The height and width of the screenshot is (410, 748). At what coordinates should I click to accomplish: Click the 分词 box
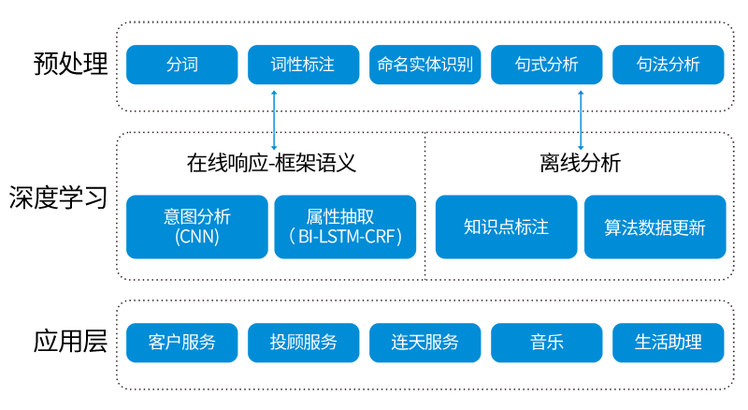181,65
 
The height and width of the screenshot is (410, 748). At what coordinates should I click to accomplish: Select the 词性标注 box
303,65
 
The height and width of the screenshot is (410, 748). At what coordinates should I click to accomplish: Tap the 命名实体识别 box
425,65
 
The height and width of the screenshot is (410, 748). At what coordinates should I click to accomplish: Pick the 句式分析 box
547,65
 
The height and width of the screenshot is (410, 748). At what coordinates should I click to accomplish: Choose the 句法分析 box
669,65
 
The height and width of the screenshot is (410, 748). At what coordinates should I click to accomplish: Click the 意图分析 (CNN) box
197,227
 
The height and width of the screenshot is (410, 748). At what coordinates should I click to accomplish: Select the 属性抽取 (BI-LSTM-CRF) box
345,227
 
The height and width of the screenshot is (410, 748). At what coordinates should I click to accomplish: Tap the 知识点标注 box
507,227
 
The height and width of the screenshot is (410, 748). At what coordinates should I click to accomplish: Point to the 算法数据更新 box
655,227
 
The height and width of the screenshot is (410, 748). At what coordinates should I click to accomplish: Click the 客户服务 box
181,343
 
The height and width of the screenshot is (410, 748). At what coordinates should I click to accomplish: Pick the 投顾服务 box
303,343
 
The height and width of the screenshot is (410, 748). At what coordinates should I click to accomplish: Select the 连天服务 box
425,343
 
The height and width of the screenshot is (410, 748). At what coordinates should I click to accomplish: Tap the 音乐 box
547,343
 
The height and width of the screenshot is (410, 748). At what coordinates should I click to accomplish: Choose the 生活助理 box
669,343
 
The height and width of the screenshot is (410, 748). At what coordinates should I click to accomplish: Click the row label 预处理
71,64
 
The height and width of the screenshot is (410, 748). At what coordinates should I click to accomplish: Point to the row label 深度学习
58,198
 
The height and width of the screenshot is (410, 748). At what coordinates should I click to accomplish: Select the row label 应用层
71,341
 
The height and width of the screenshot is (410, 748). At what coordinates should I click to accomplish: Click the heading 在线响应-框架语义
271,163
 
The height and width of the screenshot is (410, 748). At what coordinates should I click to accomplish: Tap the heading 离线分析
580,163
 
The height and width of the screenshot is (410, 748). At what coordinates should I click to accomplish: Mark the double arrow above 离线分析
581,121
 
